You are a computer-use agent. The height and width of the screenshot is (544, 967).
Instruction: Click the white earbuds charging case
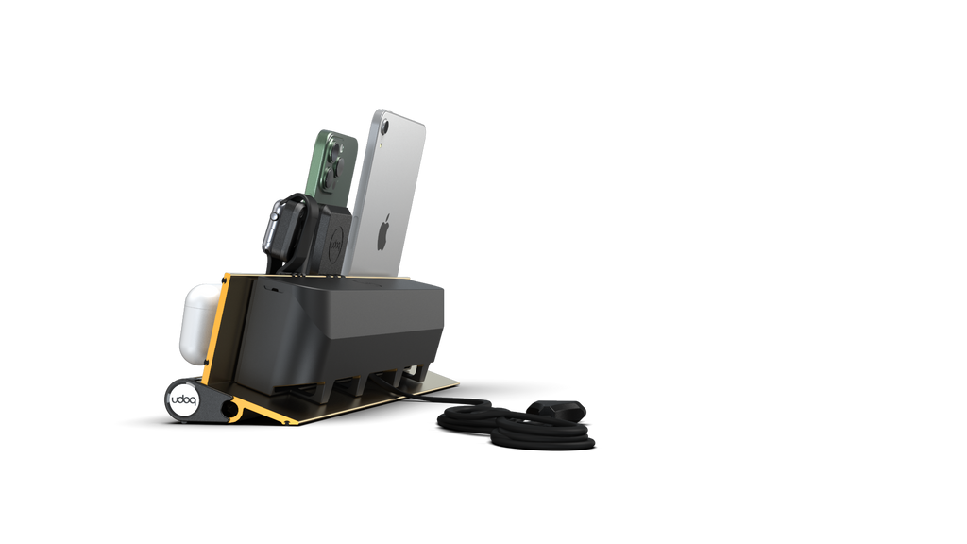201,321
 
